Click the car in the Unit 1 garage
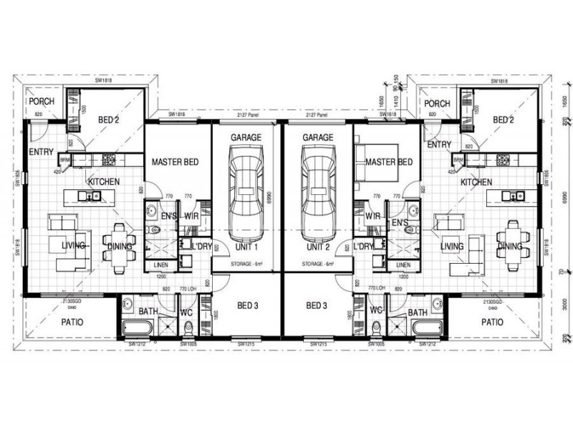246,193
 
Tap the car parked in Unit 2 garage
317,193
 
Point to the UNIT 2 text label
317,247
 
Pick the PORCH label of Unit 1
42,102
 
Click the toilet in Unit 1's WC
188,328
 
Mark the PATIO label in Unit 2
494,322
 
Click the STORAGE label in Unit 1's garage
246,264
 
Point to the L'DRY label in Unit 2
364,247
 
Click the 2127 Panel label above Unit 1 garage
246,115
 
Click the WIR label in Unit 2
372,216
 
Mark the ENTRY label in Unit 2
438,145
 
